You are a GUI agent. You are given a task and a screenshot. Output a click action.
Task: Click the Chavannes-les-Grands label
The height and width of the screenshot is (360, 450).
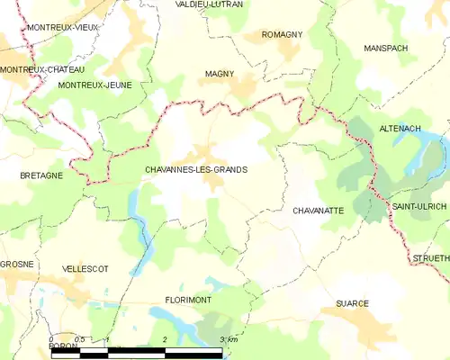pyautogui.click(x=195, y=169)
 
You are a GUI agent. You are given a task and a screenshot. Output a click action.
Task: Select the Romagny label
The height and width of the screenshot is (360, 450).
pyautogui.click(x=282, y=34)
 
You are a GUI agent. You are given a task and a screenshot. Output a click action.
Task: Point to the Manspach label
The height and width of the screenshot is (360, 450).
pyautogui.click(x=386, y=47)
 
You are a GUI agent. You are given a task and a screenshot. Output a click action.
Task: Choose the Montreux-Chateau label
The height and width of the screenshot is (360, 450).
pyautogui.click(x=42, y=69)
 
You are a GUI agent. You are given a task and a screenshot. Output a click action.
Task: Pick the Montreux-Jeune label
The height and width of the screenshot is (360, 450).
pyautogui.click(x=94, y=85)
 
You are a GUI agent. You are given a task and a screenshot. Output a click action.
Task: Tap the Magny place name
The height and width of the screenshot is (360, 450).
pyautogui.click(x=220, y=74)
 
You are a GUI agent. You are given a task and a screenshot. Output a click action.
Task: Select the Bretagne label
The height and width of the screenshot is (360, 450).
pyautogui.click(x=41, y=175)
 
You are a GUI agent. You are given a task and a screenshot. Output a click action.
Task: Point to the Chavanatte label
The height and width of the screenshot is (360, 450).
pyautogui.click(x=319, y=210)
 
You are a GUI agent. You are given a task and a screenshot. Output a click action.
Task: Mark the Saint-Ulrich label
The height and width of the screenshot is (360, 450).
pyautogui.click(x=418, y=207)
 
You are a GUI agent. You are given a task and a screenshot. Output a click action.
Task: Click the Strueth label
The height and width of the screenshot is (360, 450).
pyautogui.click(x=431, y=258)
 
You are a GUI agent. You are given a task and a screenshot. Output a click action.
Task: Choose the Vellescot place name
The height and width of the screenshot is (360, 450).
pyautogui.click(x=86, y=269)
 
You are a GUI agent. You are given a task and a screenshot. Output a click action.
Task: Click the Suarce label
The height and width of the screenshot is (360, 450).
pyautogui.click(x=353, y=304)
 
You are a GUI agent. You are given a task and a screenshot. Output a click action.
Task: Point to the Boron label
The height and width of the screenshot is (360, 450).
pyautogui.click(x=63, y=346)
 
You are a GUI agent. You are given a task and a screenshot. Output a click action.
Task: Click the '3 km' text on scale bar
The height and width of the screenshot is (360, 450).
pyautogui.click(x=228, y=339)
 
